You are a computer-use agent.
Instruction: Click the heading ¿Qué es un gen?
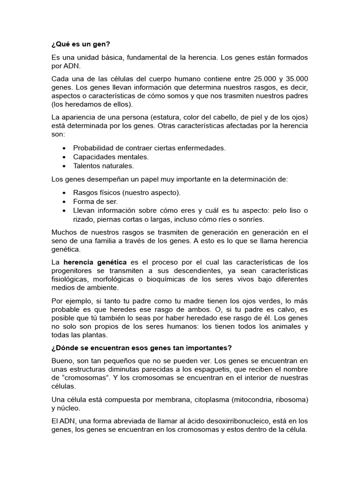[x=81, y=45]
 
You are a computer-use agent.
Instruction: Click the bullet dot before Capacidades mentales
[x=64, y=157]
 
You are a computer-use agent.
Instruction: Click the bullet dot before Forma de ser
[x=64, y=202]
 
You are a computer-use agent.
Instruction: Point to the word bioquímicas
[x=161, y=279]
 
